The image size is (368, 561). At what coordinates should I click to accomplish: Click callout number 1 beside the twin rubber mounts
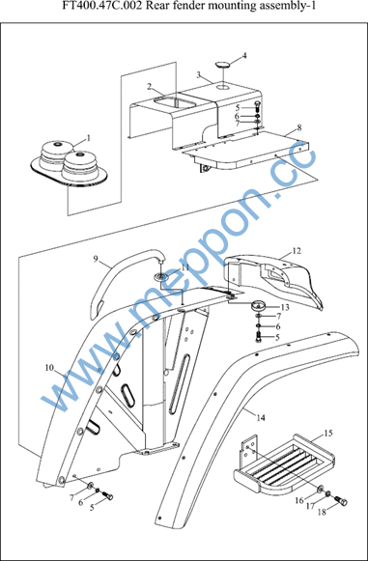(89, 137)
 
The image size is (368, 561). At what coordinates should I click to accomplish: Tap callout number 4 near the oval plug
(244, 55)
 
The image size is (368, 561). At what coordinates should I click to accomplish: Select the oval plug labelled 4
(223, 65)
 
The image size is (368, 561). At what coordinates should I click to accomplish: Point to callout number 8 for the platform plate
(299, 127)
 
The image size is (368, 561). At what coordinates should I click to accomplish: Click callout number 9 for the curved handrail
(96, 259)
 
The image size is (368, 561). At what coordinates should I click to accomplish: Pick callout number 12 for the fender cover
(297, 251)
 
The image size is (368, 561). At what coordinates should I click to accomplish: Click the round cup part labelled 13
(259, 307)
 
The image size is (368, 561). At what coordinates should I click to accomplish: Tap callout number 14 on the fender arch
(261, 417)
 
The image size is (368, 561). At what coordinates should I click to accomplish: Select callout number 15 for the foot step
(328, 434)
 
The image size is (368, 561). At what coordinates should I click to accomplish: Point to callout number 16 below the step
(299, 500)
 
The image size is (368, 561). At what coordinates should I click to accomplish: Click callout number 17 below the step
(310, 506)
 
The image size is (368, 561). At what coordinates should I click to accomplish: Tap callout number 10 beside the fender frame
(49, 368)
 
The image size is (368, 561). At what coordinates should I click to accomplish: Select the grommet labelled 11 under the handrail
(161, 276)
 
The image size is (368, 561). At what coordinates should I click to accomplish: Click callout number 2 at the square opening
(150, 86)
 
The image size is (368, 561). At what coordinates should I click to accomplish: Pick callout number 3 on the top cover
(199, 74)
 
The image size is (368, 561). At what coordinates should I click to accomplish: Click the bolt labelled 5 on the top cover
(259, 106)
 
